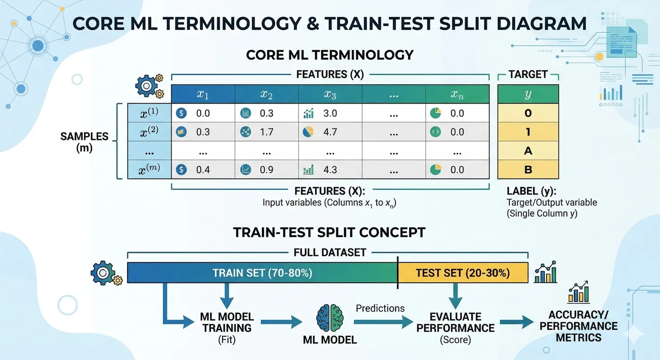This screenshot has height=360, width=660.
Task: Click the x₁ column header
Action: pyautogui.click(x=203, y=94)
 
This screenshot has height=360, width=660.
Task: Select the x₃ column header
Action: pyautogui.click(x=330, y=94)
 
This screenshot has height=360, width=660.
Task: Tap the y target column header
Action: pyautogui.click(x=528, y=94)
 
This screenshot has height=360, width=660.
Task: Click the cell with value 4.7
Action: pyautogui.click(x=330, y=132)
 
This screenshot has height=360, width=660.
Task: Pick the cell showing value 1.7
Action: pyautogui.click(x=267, y=132)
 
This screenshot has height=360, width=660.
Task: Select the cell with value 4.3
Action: pyautogui.click(x=330, y=170)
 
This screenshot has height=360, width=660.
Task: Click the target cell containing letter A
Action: pyautogui.click(x=528, y=151)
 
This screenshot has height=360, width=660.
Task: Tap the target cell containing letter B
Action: pyautogui.click(x=528, y=170)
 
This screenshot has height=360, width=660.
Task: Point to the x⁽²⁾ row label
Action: pyautogui.click(x=149, y=132)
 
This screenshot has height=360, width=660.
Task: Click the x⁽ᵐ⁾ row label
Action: pyautogui.click(x=149, y=170)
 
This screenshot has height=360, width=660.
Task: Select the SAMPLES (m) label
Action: pyautogui.click(x=78, y=142)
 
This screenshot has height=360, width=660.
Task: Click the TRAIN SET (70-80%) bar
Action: pyautogui.click(x=262, y=273)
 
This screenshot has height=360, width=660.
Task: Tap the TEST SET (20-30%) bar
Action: pyautogui.click(x=462, y=273)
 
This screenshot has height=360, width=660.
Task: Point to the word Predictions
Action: pyautogui.click(x=380, y=308)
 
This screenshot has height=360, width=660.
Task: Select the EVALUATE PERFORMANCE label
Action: pyautogui.click(x=455, y=322)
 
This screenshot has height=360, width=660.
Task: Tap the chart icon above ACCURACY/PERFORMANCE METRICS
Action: pyautogui.click(x=578, y=293)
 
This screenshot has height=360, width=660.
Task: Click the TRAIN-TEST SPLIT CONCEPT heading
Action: pyautogui.click(x=329, y=232)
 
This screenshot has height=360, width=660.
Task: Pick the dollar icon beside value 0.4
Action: pyautogui.click(x=181, y=170)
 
